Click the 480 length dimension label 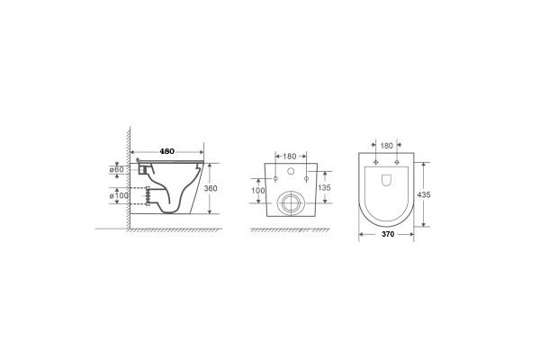tap(167, 151)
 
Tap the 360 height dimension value tap(211, 188)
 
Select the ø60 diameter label tap(116, 169)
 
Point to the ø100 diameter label tap(119, 195)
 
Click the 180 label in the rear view tap(290, 157)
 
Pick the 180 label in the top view tap(386, 146)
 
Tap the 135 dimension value tap(324, 188)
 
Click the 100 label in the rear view tap(258, 191)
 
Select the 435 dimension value tap(424, 194)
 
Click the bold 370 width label tap(388, 234)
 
